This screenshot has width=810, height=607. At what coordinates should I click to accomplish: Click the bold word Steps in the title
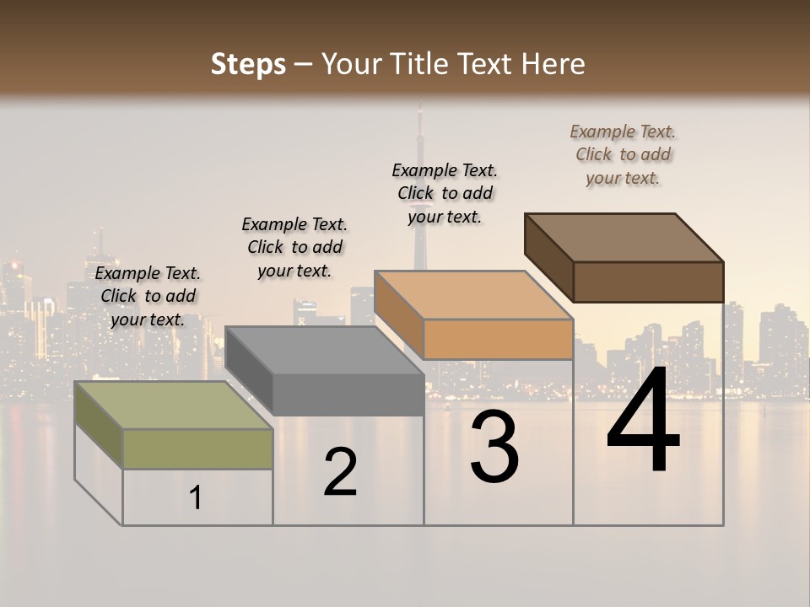(248, 64)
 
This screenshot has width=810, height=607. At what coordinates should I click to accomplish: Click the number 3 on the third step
(494, 446)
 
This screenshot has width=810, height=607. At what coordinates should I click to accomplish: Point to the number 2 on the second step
(340, 472)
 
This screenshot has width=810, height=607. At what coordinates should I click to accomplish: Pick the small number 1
(196, 498)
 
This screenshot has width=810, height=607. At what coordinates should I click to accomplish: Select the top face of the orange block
(473, 295)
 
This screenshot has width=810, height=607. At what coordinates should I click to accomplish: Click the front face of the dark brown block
(648, 282)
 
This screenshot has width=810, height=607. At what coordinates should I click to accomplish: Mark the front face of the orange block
(498, 339)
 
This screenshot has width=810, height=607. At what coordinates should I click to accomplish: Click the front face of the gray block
(348, 395)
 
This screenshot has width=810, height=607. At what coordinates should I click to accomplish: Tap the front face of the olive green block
(197, 449)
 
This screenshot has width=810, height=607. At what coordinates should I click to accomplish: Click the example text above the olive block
(148, 296)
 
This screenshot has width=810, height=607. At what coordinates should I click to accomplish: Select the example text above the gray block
(294, 247)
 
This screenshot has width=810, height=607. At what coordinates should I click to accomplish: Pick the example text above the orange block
(445, 193)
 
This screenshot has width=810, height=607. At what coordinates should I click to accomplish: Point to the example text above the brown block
(623, 154)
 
